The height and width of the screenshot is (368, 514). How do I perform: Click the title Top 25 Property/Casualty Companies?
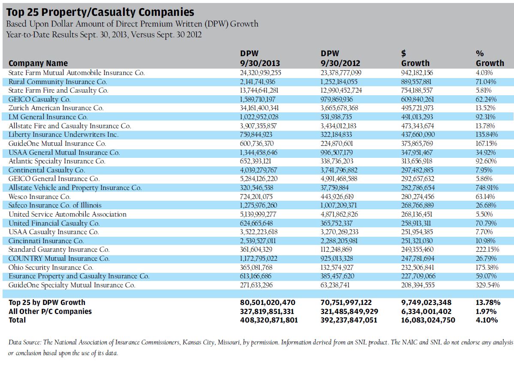click(x=100, y=12)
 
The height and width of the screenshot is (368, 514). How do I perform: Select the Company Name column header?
click(x=38, y=63)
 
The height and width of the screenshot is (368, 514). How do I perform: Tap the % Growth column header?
click(x=487, y=58)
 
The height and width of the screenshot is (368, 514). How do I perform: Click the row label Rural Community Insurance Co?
click(x=57, y=81)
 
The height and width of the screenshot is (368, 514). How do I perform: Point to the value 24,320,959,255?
click(x=261, y=73)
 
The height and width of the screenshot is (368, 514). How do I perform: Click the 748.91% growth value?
click(x=483, y=188)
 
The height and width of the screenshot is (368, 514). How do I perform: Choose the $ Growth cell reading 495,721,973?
click(x=417, y=108)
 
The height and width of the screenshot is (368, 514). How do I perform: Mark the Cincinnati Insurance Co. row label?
click(x=46, y=241)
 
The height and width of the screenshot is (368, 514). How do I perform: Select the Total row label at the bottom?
click(x=17, y=320)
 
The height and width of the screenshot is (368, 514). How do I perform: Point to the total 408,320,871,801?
click(x=269, y=320)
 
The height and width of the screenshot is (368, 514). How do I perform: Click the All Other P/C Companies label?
click(x=50, y=311)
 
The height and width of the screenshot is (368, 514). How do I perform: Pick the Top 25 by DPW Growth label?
click(x=47, y=303)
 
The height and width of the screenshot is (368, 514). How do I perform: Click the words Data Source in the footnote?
click(x=25, y=342)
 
